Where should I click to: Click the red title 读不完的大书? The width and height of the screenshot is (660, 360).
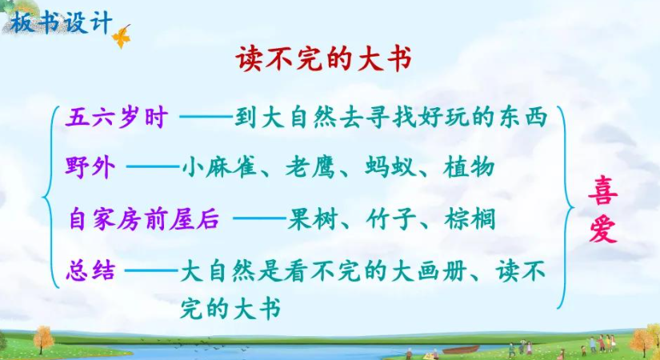click(323, 58)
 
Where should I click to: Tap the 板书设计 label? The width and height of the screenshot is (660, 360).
click(62, 22)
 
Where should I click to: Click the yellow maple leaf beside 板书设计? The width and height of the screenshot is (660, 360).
click(122, 37)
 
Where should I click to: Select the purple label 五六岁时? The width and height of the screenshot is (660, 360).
click(117, 118)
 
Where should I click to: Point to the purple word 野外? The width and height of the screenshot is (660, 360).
click(90, 167)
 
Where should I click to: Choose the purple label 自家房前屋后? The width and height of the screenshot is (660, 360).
click(144, 219)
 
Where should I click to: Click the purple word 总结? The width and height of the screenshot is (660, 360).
click(90, 270)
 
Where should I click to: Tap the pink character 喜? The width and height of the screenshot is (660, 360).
click(602, 190)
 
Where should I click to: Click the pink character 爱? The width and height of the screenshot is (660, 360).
click(602, 230)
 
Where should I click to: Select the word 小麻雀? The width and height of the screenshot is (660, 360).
click(219, 167)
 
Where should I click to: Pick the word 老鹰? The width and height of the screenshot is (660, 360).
click(310, 167)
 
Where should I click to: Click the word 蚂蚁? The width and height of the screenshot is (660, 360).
click(390, 167)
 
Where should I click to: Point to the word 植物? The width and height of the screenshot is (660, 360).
click(469, 167)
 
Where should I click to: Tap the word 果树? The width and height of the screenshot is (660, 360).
click(312, 219)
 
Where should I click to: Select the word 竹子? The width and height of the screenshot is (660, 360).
click(391, 219)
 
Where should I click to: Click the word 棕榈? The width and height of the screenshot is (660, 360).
click(470, 219)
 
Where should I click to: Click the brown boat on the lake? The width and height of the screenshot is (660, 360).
click(461, 350)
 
